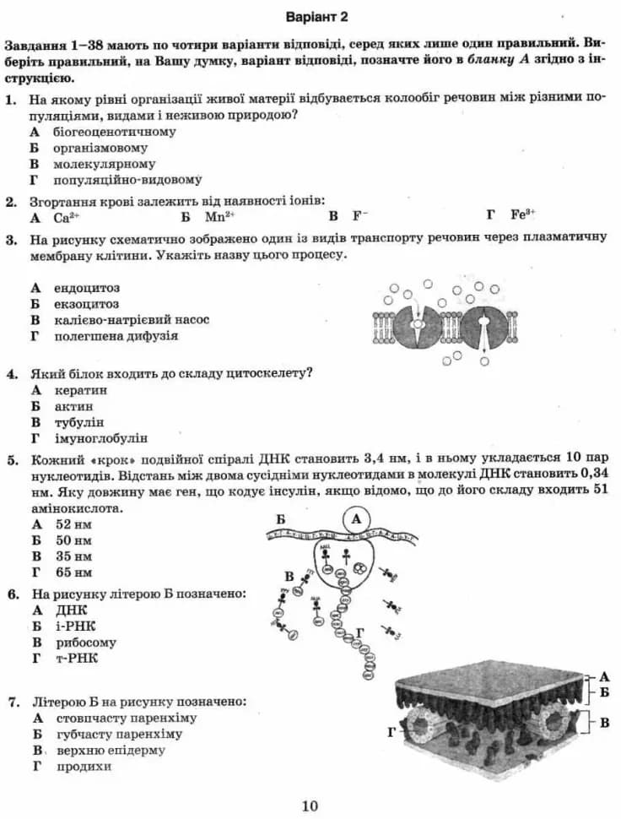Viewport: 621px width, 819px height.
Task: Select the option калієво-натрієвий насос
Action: click(130, 320)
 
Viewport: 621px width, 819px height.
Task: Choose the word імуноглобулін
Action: click(100, 438)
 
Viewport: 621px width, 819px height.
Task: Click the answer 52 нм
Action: click(73, 524)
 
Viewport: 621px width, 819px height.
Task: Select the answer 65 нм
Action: click(73, 572)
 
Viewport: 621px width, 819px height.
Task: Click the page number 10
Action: click(310, 806)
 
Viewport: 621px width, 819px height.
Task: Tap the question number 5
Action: click(12, 460)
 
